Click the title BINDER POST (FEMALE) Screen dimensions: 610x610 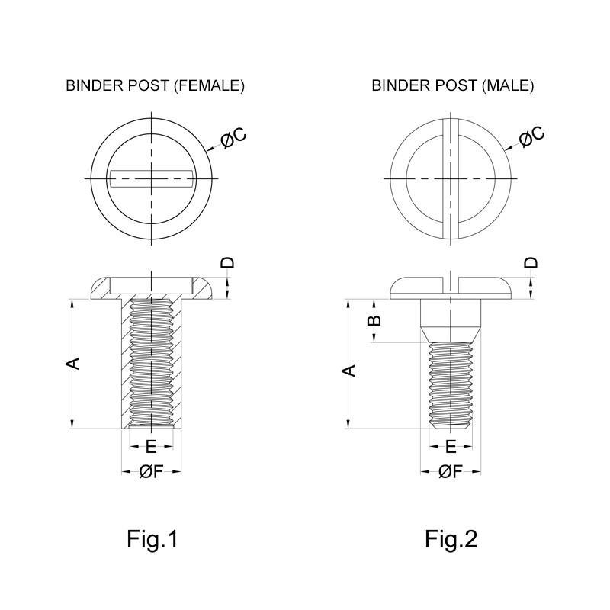(x=155, y=85)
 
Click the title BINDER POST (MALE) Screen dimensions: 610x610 (x=452, y=85)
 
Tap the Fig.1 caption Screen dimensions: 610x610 (x=152, y=539)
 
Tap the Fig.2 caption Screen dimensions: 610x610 (x=451, y=539)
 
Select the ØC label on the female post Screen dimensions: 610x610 (x=233, y=138)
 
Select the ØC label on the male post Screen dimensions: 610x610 (x=531, y=136)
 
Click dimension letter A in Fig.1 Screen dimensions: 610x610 (x=73, y=363)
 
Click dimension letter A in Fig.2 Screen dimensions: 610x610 (x=348, y=371)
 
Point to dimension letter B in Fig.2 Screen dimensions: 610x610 (x=374, y=320)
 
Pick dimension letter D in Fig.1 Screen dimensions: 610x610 (x=227, y=263)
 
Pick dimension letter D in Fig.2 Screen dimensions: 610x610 (x=531, y=263)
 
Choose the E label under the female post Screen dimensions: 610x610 (x=151, y=446)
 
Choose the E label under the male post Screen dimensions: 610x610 (x=451, y=446)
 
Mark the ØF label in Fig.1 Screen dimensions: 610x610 (x=151, y=472)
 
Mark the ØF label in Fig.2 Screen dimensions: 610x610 (x=451, y=472)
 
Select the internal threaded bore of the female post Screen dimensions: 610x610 (x=152, y=362)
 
